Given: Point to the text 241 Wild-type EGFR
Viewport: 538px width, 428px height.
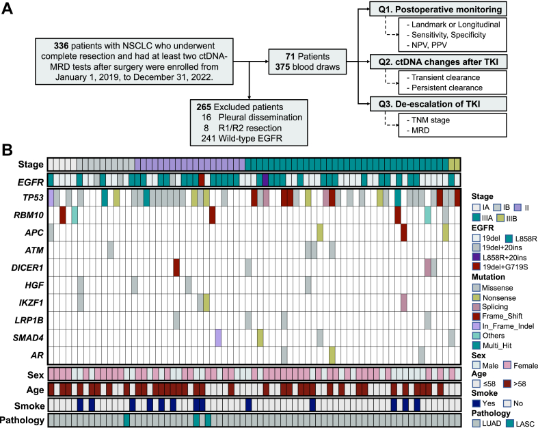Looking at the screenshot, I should [x=228, y=136].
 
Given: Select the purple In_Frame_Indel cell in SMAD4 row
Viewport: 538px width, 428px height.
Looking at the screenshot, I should [x=218, y=337].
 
